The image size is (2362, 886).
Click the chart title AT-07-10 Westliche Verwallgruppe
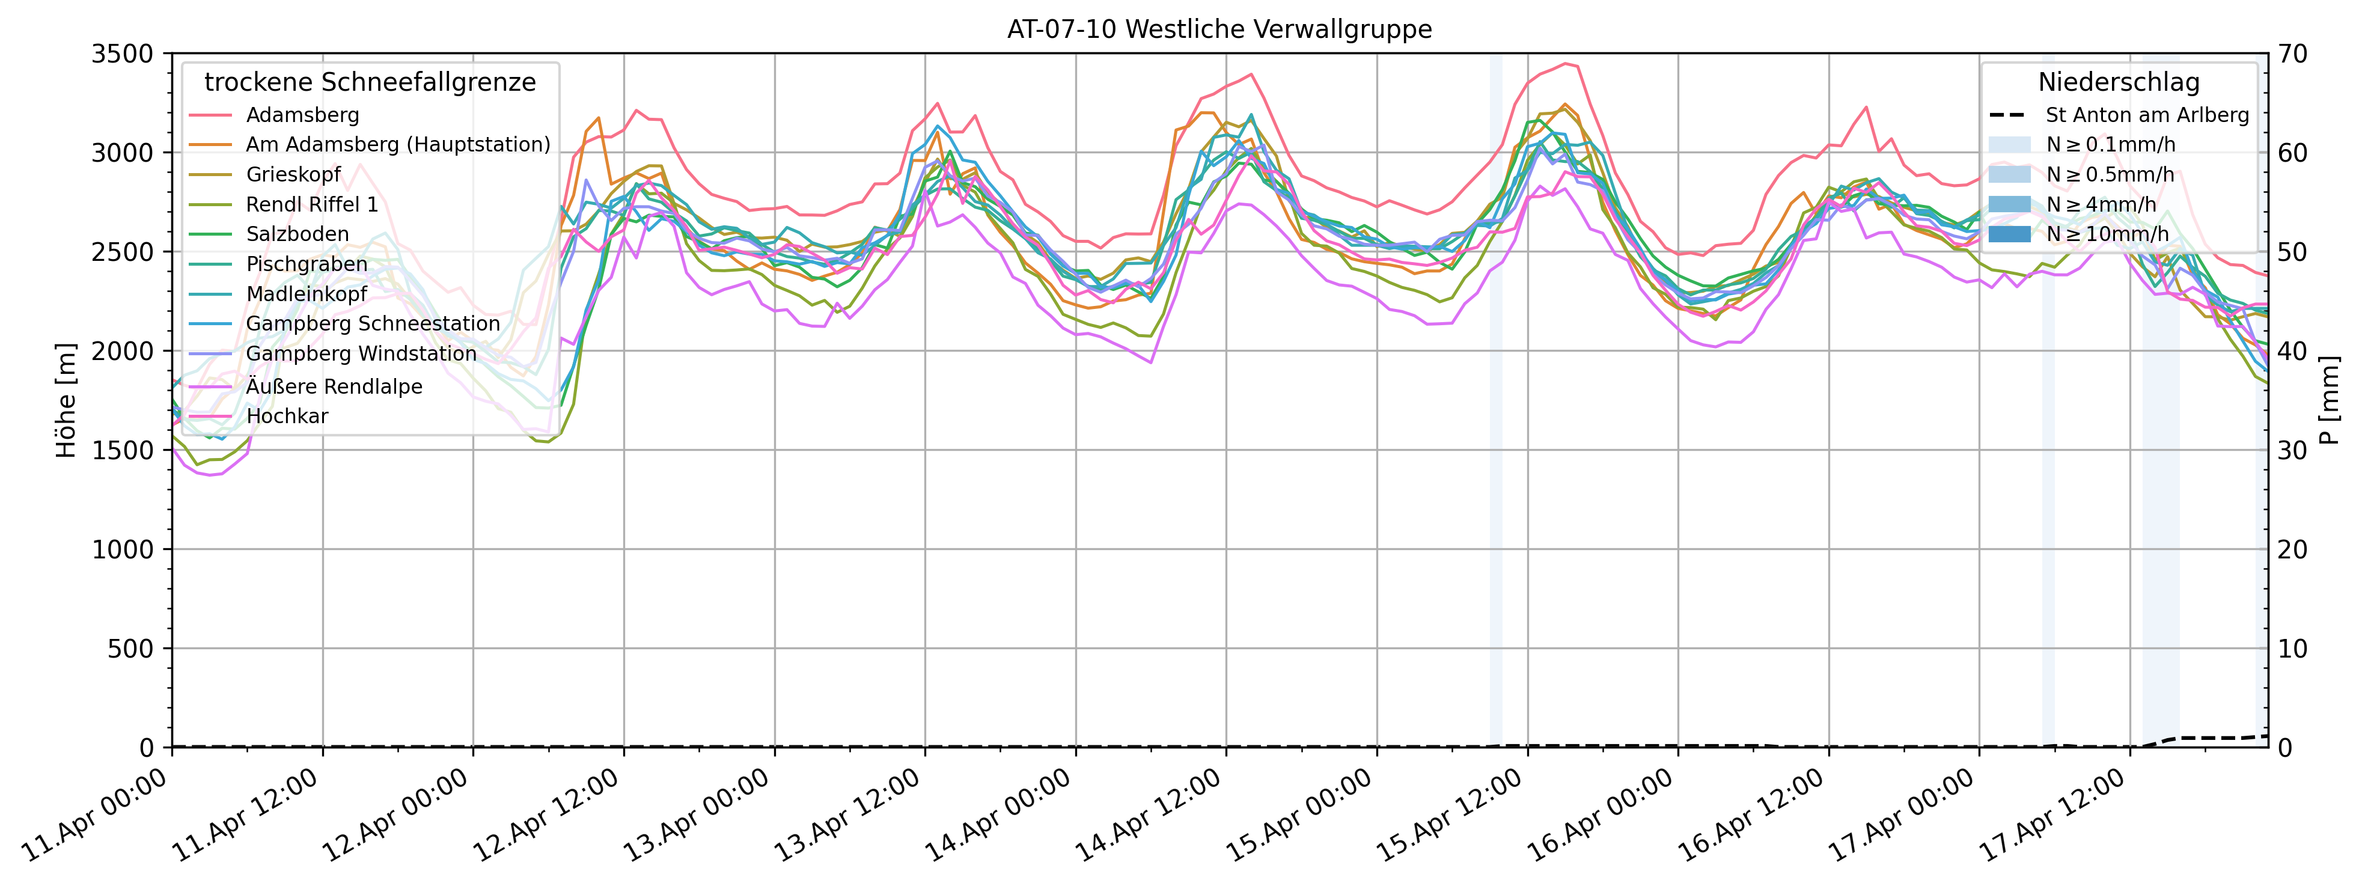pyautogui.click(x=1219, y=29)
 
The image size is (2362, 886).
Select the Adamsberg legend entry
pyautogui.click(x=302, y=115)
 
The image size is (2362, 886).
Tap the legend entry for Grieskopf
pyautogui.click(x=293, y=175)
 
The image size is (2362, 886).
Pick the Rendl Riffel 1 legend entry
pyautogui.click(x=312, y=204)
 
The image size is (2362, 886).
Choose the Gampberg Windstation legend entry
pyautogui.click(x=361, y=354)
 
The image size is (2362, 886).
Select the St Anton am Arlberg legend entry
pyautogui.click(x=2146, y=115)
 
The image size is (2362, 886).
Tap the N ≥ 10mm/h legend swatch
pyautogui.click(x=2009, y=234)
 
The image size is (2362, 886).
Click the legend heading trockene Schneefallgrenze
pyautogui.click(x=370, y=82)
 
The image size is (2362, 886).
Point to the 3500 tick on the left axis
pyautogui.click(x=122, y=54)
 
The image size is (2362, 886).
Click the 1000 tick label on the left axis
pyautogui.click(x=122, y=549)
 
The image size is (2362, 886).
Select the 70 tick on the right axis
pyautogui.click(x=2292, y=54)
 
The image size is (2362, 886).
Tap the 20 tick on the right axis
pyautogui.click(x=2292, y=549)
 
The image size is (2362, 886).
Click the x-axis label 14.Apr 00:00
pyautogui.click(x=999, y=814)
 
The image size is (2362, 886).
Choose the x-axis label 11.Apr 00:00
pyautogui.click(x=96, y=814)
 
